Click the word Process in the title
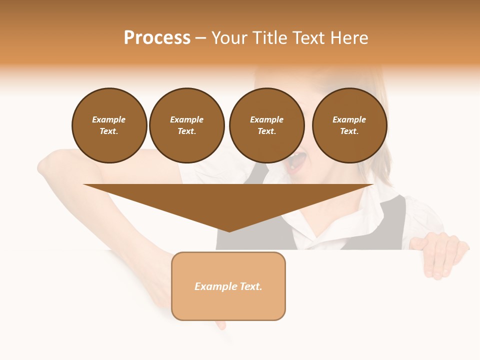[x=157, y=38]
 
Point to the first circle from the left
[x=109, y=125]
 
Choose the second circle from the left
[x=187, y=125]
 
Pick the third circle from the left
[x=267, y=125]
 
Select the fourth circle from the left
[x=349, y=125]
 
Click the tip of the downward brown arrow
[x=229, y=230]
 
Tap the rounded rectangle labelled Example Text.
[x=228, y=286]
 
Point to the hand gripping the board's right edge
[x=440, y=255]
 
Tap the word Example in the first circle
[x=109, y=119]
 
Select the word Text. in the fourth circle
[x=349, y=131]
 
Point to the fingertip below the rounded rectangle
[x=220, y=325]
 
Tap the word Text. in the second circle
[x=187, y=131]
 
